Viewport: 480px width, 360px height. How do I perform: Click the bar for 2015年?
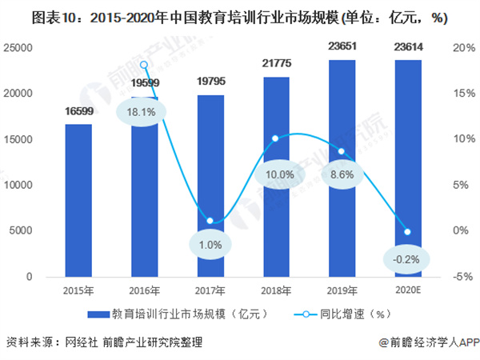tap(78, 200)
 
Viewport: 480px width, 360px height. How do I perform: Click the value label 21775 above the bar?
tap(275, 62)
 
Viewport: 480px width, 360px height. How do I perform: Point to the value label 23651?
tap(342, 46)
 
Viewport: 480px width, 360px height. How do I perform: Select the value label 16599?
tap(78, 110)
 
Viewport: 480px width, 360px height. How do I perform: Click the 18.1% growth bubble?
tap(144, 112)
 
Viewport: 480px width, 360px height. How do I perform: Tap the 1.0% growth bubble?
tap(210, 245)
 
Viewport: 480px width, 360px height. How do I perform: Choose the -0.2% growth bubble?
tap(406, 258)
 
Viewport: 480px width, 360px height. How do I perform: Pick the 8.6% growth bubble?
tap(342, 172)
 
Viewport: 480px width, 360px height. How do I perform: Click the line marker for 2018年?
tap(275, 138)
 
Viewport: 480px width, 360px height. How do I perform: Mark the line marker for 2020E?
tap(406, 232)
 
